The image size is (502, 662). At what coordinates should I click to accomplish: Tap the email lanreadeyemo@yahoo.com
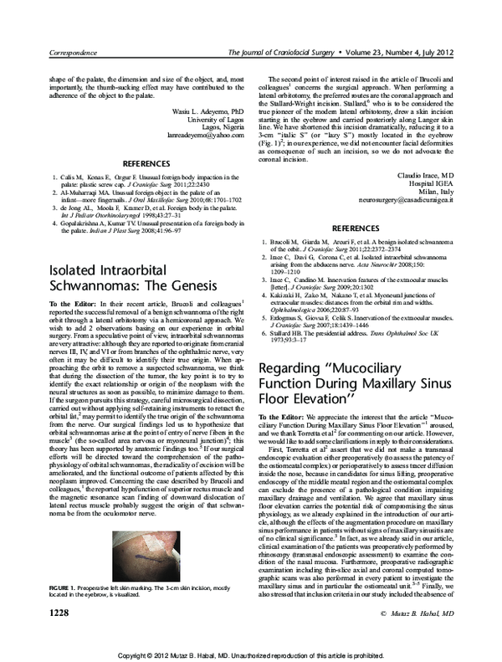207,133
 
